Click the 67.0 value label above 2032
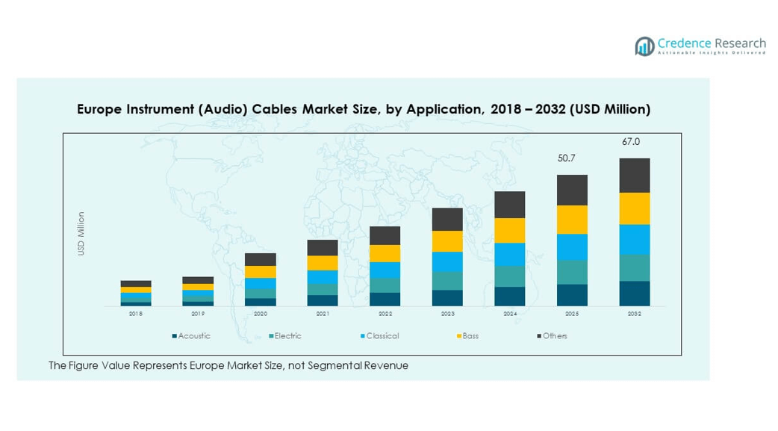(x=631, y=142)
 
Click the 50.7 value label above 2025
(x=567, y=158)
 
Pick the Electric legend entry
(x=287, y=336)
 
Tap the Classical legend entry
(x=382, y=336)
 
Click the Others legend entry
(x=555, y=336)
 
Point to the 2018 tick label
(x=135, y=314)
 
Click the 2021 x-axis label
(x=323, y=314)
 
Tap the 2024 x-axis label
(x=510, y=314)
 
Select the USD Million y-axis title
(x=81, y=234)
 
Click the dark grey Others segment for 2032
(x=635, y=176)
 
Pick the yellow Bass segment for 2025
(x=572, y=220)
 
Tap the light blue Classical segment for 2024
(x=510, y=254)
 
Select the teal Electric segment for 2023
(x=447, y=281)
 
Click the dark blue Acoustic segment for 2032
(x=635, y=294)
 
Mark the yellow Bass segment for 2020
(x=260, y=272)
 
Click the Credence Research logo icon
(x=644, y=46)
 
